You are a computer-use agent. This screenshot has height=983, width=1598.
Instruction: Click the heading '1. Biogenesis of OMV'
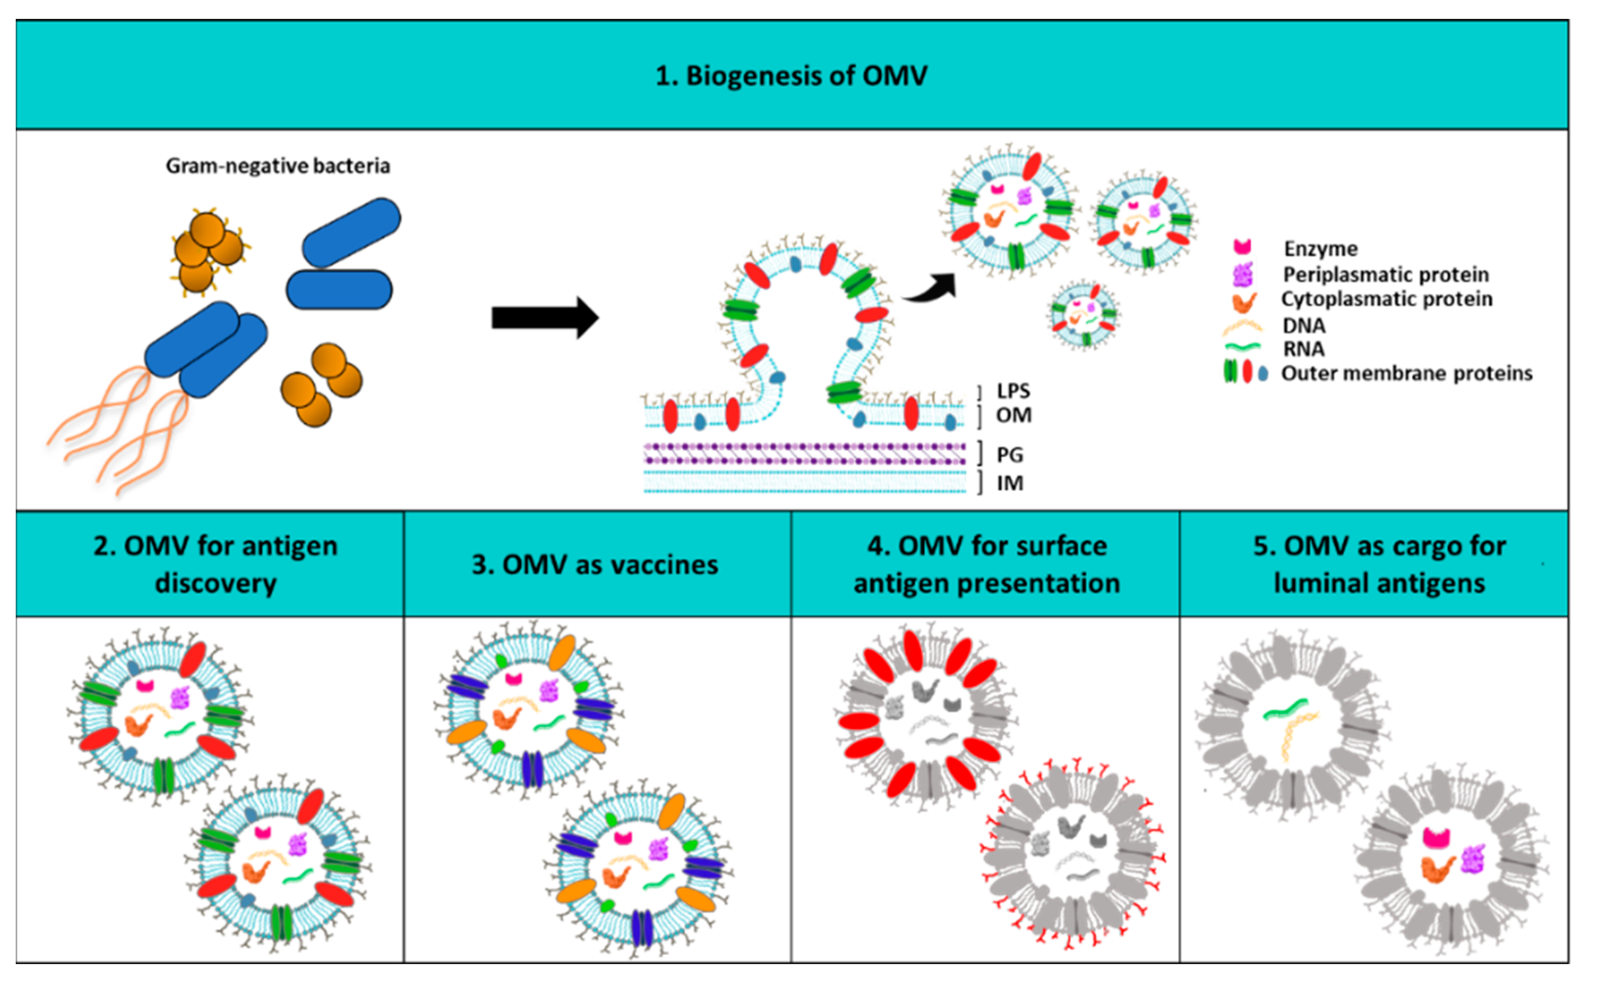(791, 76)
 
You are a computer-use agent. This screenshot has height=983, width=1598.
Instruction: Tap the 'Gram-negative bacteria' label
(278, 167)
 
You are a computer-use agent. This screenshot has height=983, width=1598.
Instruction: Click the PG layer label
(1010, 455)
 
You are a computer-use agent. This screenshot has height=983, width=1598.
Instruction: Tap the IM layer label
(1010, 484)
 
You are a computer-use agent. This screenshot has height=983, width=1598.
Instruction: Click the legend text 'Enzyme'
(1320, 249)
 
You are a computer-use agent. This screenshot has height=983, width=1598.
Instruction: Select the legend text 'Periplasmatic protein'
(1385, 275)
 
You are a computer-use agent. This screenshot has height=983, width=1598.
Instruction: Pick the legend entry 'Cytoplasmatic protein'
(1386, 299)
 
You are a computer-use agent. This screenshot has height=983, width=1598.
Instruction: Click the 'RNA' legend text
(1303, 349)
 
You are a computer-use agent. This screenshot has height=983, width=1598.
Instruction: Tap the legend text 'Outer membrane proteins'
(1406, 374)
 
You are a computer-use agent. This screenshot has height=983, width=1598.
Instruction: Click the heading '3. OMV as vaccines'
(595, 565)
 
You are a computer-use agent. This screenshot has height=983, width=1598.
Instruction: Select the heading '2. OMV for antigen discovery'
(215, 564)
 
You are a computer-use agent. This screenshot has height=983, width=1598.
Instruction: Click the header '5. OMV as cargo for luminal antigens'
(1379, 564)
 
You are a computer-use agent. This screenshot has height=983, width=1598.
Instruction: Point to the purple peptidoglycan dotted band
(804, 454)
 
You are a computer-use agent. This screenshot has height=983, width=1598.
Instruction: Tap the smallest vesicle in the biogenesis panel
(1082, 315)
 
